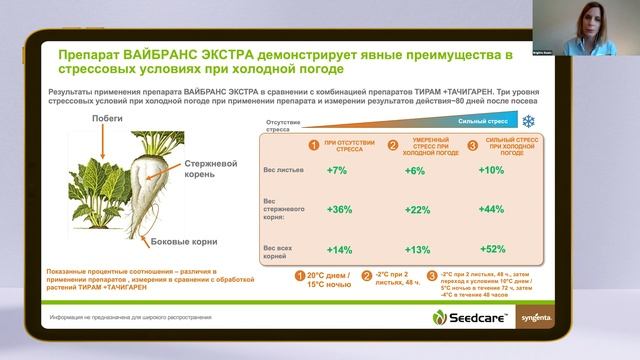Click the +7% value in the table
coord(336,171)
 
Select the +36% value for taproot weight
coord(339,209)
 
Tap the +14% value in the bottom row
coord(339,249)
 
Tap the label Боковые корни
coord(177,241)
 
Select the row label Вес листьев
coord(280,171)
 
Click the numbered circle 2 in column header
coord(392,145)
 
